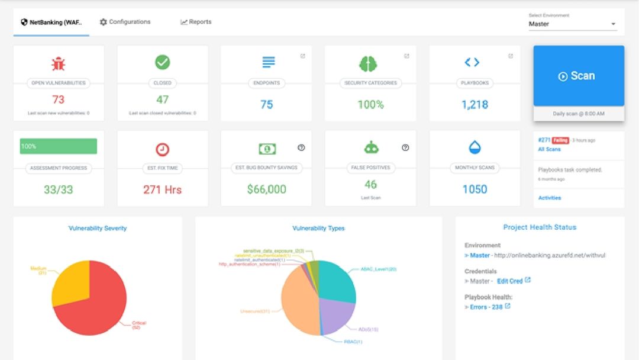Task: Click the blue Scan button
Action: tap(578, 76)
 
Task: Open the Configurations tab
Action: tap(125, 22)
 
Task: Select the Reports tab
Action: tap(196, 22)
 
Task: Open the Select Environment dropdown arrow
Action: tap(614, 24)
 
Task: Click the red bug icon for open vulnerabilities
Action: tap(58, 63)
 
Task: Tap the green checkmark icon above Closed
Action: tap(162, 62)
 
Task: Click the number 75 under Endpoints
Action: tap(266, 104)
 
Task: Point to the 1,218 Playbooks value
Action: tap(475, 104)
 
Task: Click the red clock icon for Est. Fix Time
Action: tap(162, 149)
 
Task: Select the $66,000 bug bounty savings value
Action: tap(266, 189)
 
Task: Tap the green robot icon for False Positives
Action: tap(370, 147)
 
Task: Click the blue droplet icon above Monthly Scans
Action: tap(475, 147)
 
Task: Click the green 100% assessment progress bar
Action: tap(58, 146)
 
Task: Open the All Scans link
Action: tap(549, 149)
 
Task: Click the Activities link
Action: tap(550, 198)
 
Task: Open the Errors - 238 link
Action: tap(487, 307)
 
